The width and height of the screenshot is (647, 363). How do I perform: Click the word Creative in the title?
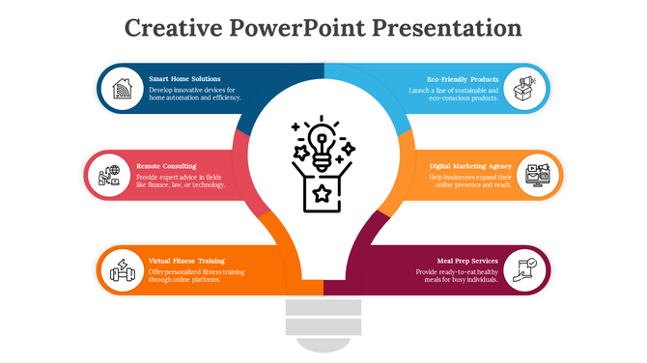[x=174, y=28]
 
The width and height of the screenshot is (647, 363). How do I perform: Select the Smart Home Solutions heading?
[x=184, y=78]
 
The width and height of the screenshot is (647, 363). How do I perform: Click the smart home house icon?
[x=122, y=89]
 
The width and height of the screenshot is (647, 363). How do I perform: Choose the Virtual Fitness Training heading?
[x=186, y=261]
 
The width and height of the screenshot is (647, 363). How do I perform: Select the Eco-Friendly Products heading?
[x=463, y=78]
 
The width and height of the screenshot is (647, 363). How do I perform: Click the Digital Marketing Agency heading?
[x=470, y=165]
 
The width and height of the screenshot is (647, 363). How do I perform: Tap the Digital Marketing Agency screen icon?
[x=537, y=175]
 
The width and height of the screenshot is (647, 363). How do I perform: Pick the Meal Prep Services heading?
[x=467, y=261]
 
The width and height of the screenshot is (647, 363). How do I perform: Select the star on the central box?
[x=323, y=195]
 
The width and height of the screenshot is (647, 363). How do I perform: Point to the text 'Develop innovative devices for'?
[x=191, y=89]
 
